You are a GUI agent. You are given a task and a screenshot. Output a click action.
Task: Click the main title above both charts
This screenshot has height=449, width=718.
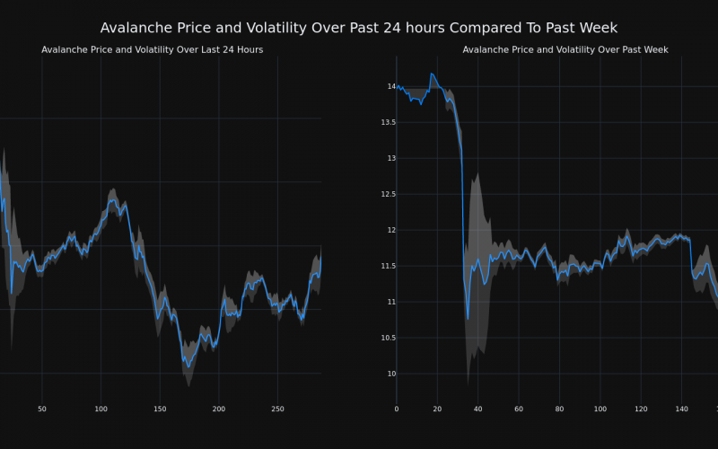(359, 28)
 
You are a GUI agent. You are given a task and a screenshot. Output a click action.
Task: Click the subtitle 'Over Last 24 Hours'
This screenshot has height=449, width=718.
(153, 49)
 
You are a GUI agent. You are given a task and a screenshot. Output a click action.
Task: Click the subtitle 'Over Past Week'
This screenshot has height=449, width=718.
(565, 49)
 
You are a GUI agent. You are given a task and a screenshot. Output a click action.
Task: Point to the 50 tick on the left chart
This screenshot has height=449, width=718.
(42, 409)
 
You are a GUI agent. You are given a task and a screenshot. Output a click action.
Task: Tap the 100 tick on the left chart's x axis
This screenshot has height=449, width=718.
(101, 409)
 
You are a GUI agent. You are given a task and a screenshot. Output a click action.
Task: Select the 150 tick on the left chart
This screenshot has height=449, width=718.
(160, 409)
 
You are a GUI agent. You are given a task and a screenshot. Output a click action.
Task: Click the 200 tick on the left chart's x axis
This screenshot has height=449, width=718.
(219, 409)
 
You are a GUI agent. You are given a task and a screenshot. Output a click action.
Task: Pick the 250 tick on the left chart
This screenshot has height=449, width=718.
(278, 409)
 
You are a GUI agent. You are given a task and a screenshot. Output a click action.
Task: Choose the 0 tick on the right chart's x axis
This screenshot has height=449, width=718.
(397, 409)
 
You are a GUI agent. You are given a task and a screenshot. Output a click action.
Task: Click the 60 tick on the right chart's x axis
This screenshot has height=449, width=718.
(519, 409)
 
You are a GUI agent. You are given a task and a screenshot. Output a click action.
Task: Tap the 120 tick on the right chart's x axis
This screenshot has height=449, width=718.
(641, 409)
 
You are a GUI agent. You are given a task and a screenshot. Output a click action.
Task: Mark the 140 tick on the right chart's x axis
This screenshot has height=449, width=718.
(682, 409)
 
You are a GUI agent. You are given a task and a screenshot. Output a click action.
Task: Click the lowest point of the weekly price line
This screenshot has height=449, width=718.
(468, 318)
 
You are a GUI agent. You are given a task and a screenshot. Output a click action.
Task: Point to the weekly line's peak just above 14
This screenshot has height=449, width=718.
(432, 74)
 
